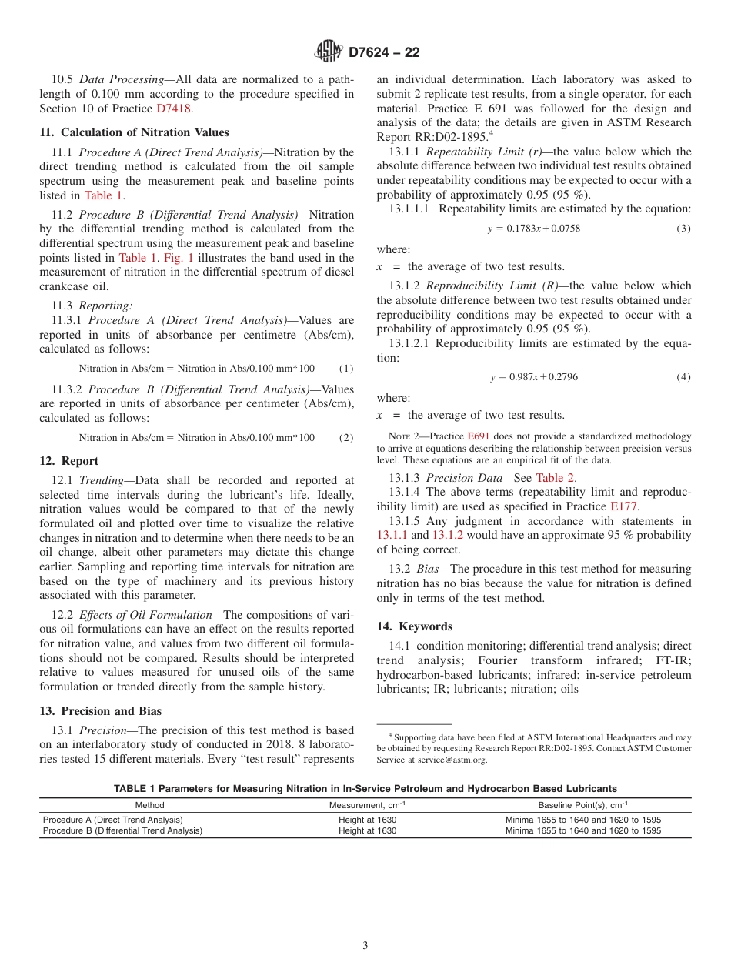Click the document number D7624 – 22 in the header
[x=384, y=53]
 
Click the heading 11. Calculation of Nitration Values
[x=121, y=132]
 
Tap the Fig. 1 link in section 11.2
[x=179, y=258]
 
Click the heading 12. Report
[x=68, y=461]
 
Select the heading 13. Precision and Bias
[x=100, y=710]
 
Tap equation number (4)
[x=683, y=377]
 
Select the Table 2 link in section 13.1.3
[x=556, y=477]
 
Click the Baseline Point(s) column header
[x=582, y=805]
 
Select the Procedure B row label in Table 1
[x=122, y=830]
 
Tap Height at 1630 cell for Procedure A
[x=367, y=820]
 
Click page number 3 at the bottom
[x=365, y=946]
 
